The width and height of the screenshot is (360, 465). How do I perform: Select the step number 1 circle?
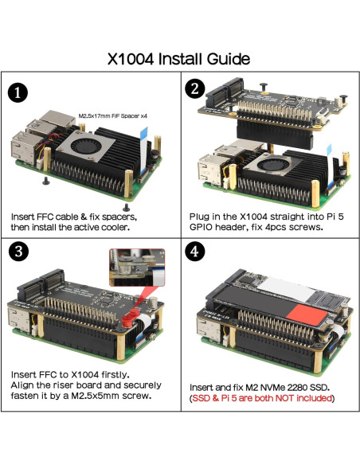(20, 92)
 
